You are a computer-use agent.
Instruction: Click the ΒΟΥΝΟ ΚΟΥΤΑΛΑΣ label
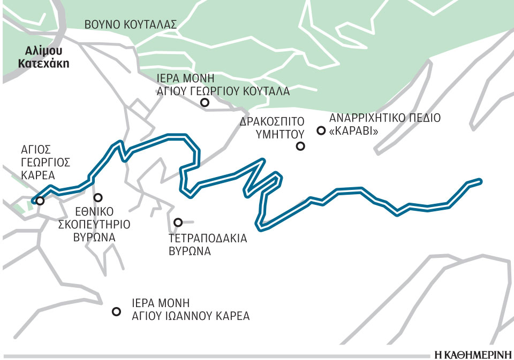(x=131, y=24)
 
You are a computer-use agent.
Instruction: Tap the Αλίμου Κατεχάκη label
(x=44, y=57)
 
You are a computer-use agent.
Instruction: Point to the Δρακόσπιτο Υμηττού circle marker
(x=301, y=146)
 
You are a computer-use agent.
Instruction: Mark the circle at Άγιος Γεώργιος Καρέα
(x=39, y=201)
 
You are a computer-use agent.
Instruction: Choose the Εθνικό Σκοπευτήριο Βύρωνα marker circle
(x=98, y=197)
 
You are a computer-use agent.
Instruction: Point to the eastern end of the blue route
(x=480, y=181)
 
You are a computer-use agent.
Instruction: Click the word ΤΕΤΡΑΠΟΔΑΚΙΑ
(x=206, y=239)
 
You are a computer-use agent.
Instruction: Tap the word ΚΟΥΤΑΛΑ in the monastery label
(x=267, y=91)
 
